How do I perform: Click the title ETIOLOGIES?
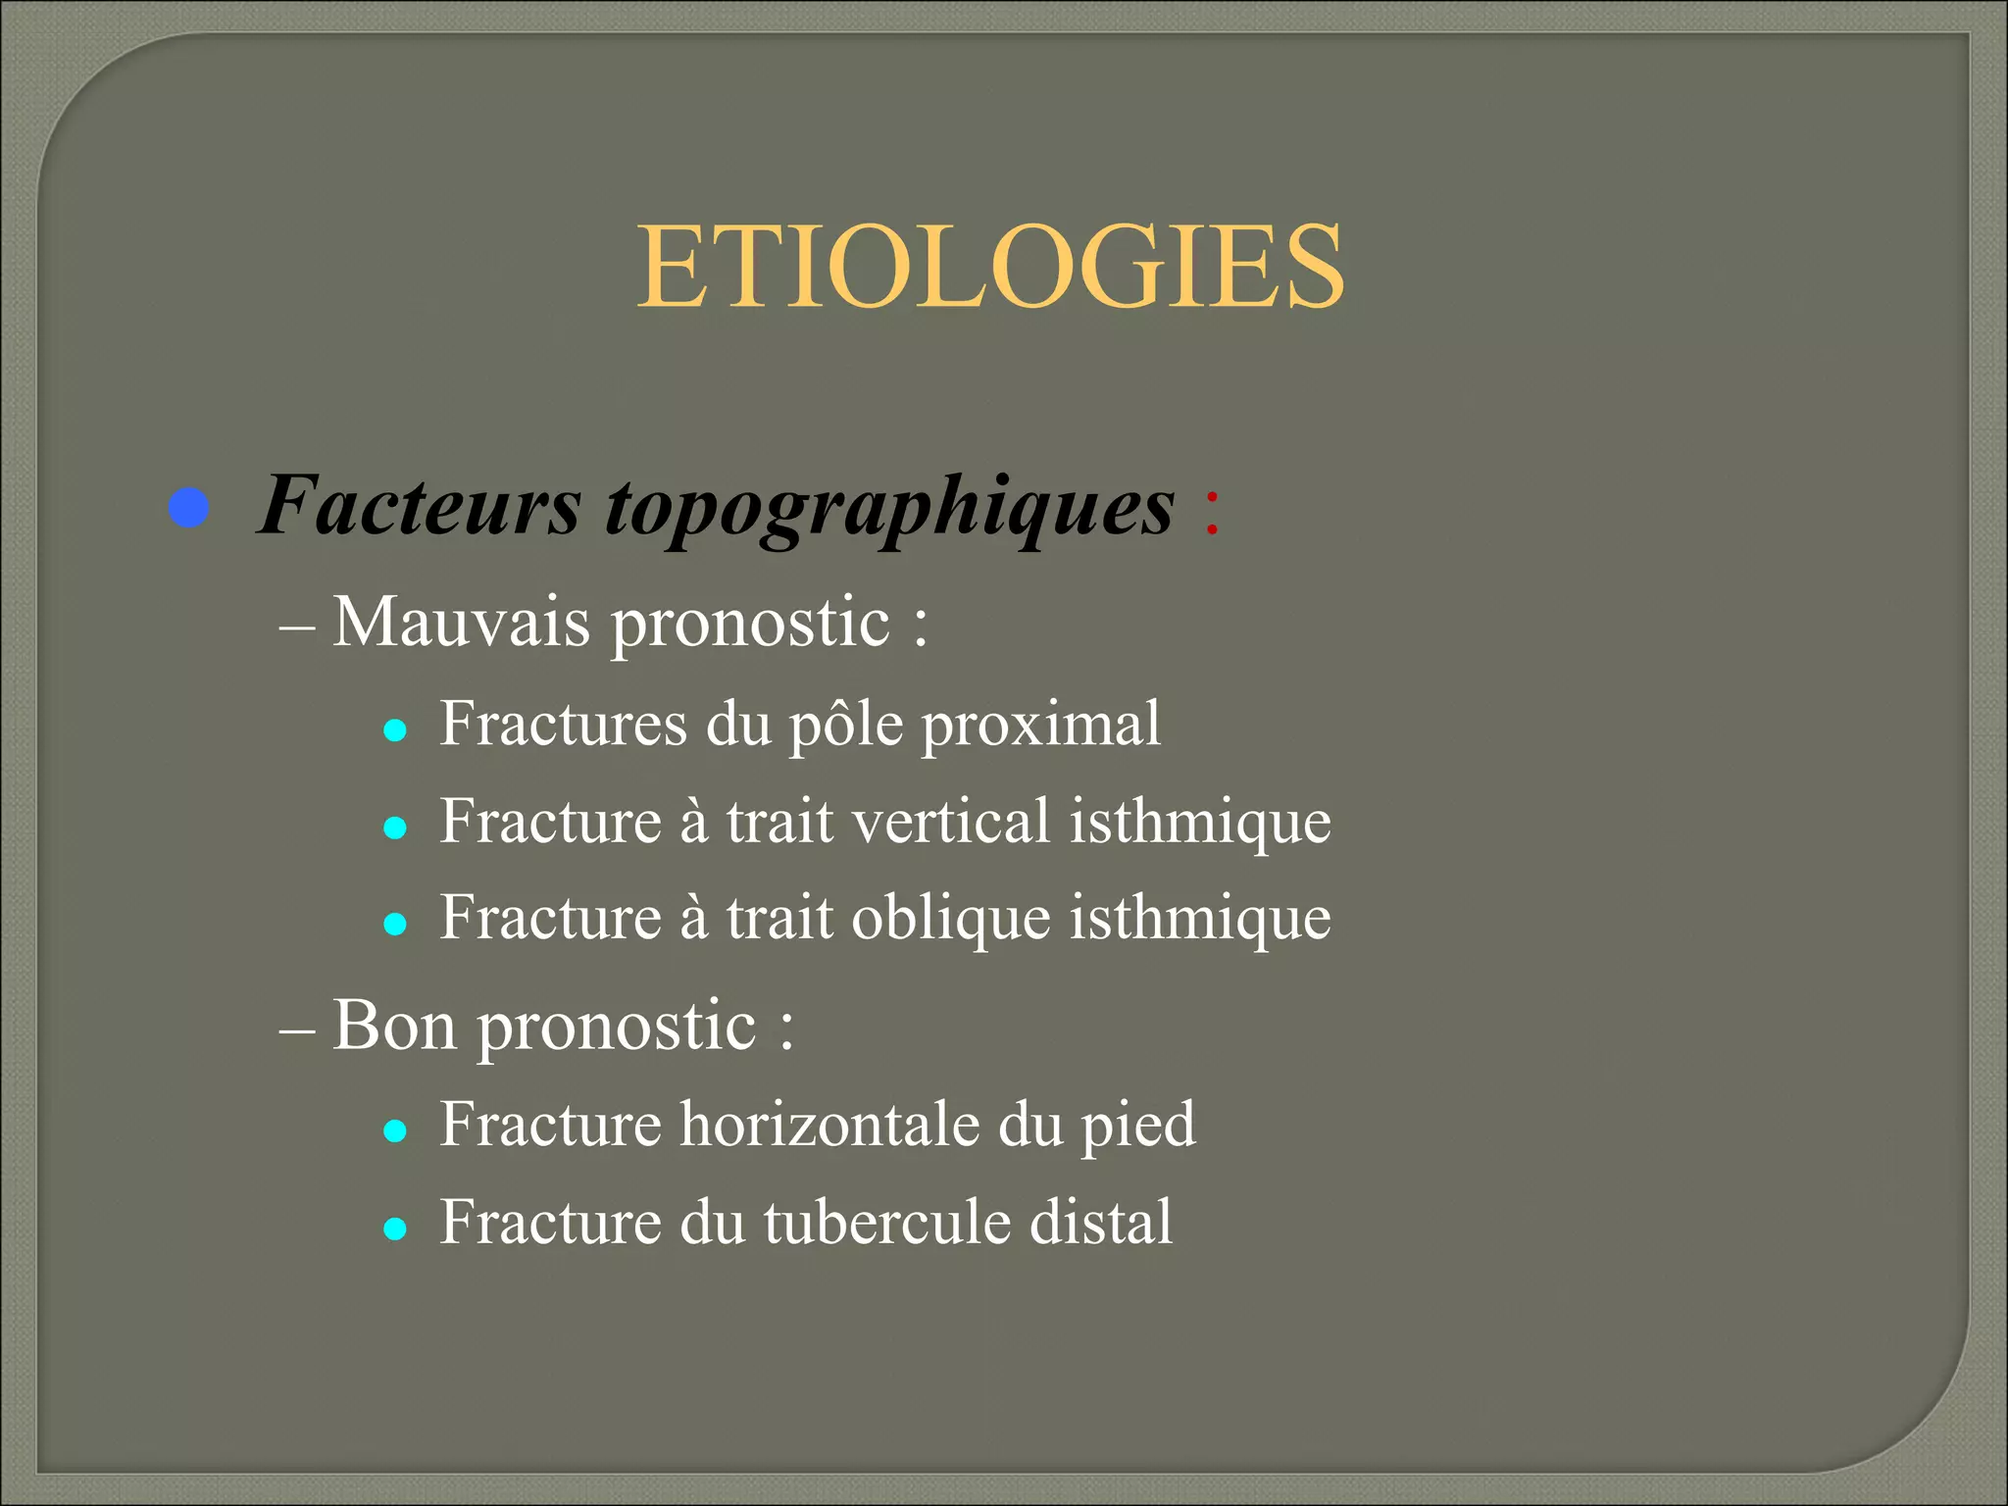click(991, 267)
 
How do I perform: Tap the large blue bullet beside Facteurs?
click(188, 508)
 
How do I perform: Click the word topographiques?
click(889, 510)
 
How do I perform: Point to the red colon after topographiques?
click(1212, 511)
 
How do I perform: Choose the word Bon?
click(394, 1026)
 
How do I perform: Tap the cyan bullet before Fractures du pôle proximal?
click(395, 730)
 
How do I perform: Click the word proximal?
click(1040, 727)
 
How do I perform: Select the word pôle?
click(846, 727)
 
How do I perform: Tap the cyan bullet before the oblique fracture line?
click(395, 924)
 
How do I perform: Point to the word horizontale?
click(829, 1124)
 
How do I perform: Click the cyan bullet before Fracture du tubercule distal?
click(395, 1229)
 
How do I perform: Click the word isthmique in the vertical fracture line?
click(1199, 823)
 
